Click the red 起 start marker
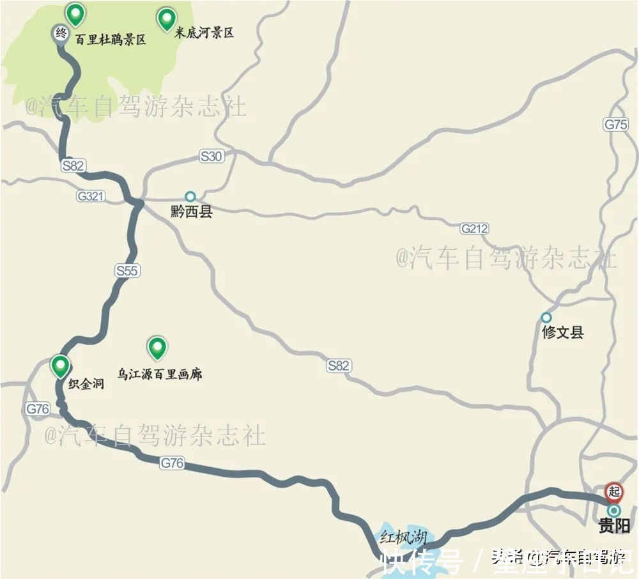tap(614, 491)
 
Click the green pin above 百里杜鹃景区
tap(76, 13)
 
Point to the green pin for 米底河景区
tap(167, 19)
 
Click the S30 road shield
tap(212, 156)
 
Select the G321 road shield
tap(90, 196)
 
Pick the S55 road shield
tap(127, 271)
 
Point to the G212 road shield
tap(474, 228)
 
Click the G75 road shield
tap(616, 125)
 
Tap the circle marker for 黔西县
tap(190, 196)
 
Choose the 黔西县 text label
tap(191, 212)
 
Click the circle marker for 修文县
tap(546, 317)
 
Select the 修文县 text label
tap(562, 333)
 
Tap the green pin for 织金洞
tap(61, 366)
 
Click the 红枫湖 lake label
tap(403, 536)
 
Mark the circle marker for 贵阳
tap(614, 511)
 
